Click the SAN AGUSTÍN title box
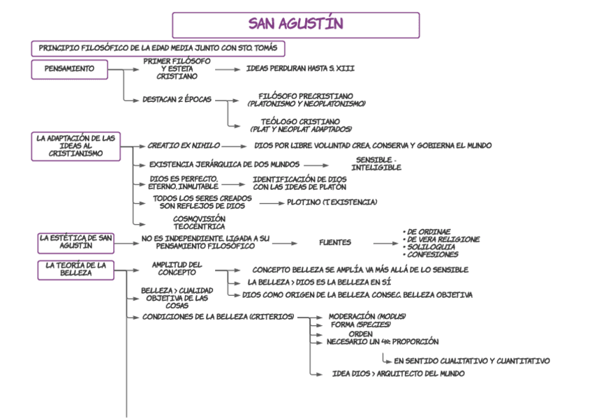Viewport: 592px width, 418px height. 295,24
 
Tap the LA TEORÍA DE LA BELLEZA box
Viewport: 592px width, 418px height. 75,269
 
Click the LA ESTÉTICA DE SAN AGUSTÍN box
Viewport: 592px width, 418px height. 75,242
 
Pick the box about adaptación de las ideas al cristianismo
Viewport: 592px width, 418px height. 75,146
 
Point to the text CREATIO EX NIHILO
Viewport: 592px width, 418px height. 184,146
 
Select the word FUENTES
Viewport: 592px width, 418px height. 335,243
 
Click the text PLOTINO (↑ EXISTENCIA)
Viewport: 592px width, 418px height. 332,202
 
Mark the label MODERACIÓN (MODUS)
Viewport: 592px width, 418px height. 367,316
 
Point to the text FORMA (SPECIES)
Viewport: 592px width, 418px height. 360,324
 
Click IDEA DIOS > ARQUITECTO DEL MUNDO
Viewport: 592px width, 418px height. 398,374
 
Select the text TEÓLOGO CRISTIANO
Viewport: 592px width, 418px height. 301,121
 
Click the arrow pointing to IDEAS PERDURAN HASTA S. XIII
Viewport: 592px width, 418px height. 227,69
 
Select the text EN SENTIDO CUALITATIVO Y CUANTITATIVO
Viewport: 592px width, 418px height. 471,361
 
